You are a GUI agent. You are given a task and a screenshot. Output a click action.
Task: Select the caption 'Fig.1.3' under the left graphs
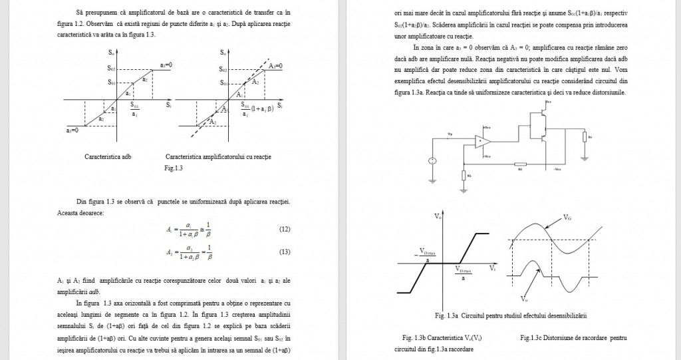tap(173, 168)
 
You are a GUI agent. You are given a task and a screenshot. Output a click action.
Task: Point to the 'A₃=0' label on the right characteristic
tap(275, 66)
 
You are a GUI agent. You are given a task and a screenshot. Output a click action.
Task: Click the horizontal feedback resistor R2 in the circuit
tap(520, 164)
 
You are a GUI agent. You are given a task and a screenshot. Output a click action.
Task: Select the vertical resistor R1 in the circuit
tap(463, 175)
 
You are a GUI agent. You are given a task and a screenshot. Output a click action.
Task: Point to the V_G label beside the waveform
tap(567, 218)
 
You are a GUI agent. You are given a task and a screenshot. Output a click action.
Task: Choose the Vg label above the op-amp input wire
tap(450, 134)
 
